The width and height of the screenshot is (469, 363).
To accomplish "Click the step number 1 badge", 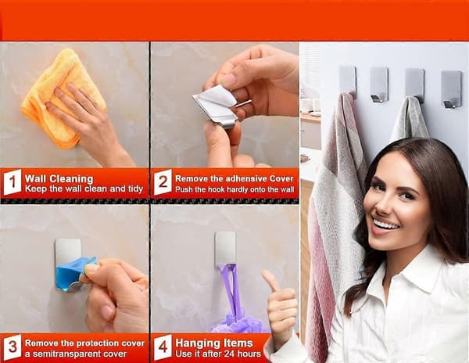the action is tap(13, 182).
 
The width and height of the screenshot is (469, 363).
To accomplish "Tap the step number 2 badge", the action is tap(163, 182).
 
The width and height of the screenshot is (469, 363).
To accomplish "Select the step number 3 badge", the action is tap(13, 347).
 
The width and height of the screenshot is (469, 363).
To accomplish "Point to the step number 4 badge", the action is tap(163, 347).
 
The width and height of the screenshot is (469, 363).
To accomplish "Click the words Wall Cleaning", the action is tap(59, 179).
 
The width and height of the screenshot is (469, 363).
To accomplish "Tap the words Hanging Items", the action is tap(214, 343).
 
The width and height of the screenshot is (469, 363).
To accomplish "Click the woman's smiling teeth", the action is tap(386, 225).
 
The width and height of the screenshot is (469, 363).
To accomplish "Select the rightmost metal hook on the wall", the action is tap(451, 89).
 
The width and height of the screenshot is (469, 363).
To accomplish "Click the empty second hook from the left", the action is tap(379, 84).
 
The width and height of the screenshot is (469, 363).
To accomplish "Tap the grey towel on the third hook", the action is tap(410, 120).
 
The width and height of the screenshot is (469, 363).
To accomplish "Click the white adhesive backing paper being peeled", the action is tap(215, 100).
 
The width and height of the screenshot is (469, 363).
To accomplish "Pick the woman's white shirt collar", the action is tap(419, 269).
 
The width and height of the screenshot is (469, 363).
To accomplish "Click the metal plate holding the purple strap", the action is tap(225, 248).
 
